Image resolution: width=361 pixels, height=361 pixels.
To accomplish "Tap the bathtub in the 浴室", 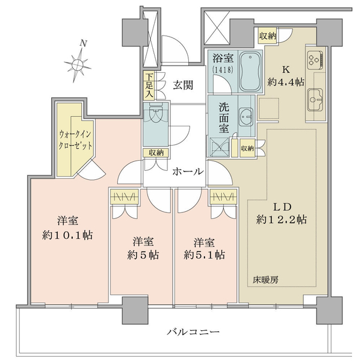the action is [x=250, y=71].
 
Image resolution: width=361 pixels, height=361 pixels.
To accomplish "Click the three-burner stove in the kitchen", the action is [x=315, y=59].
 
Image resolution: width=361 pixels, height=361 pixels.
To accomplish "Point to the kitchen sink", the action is [x=315, y=99].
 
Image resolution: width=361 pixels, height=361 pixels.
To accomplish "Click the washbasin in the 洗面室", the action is [x=246, y=117].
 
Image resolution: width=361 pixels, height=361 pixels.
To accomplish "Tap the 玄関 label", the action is [x=183, y=85].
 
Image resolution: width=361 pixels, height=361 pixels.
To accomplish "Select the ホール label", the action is [x=188, y=171].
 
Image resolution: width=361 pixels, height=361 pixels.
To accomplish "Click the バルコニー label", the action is [x=193, y=332].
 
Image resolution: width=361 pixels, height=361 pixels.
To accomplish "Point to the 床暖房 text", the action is [x=266, y=280].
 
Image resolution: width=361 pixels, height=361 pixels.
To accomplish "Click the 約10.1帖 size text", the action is [x=67, y=235].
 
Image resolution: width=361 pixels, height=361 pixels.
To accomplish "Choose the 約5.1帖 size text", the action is [x=204, y=255].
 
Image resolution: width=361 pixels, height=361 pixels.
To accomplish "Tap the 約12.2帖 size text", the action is [x=282, y=220].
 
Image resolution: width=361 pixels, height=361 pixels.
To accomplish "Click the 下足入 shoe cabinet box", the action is [x=149, y=85].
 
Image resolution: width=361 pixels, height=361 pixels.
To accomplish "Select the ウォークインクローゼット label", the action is [x=76, y=140].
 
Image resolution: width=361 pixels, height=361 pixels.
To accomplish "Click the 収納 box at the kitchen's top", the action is [x=268, y=36].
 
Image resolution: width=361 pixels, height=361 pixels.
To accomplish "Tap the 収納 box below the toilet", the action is [x=156, y=153].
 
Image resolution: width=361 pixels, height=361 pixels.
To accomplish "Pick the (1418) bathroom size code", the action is [x=223, y=70].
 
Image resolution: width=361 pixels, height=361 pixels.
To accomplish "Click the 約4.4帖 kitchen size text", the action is [x=286, y=82].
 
